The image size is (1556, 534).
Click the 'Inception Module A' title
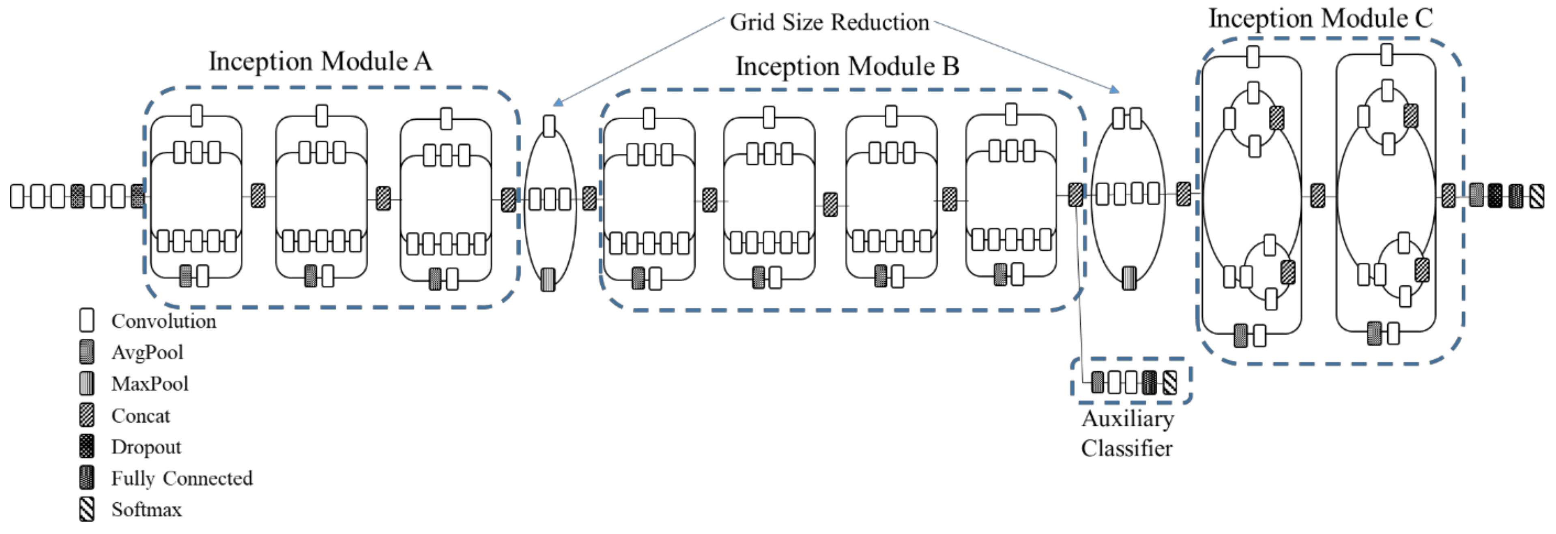click(320, 62)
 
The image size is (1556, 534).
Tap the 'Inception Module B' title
click(847, 67)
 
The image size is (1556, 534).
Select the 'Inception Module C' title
click(1320, 18)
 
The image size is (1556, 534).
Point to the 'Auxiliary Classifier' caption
click(1127, 433)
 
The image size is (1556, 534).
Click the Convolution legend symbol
click(87, 320)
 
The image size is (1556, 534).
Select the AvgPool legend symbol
click(87, 351)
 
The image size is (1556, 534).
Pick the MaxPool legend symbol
click(87, 383)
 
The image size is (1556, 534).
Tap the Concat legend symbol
click(87, 415)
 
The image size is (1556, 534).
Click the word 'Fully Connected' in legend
click(182, 478)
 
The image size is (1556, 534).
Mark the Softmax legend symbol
click(87, 509)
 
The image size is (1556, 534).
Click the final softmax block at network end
click(1537, 196)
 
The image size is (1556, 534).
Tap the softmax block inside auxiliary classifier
click(1170, 382)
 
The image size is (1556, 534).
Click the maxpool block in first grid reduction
click(548, 279)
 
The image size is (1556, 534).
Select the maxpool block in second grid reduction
click(1129, 278)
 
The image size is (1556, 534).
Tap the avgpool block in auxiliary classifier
click(1098, 382)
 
